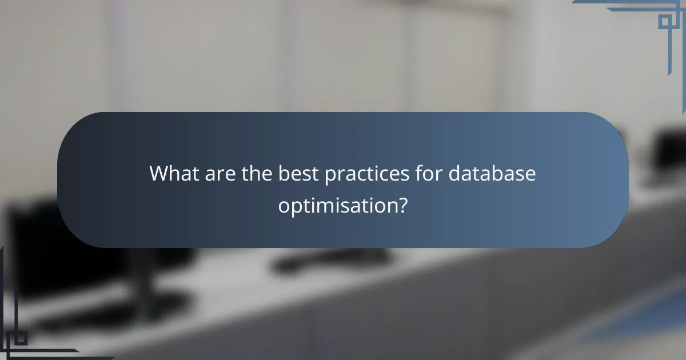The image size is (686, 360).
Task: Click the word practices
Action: (364, 174)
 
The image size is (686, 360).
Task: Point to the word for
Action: (424, 174)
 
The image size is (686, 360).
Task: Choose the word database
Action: (492, 174)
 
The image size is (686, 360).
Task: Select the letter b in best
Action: (283, 174)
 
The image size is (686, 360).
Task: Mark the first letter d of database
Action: (454, 174)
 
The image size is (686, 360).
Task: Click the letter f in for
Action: (413, 174)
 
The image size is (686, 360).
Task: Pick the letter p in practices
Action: (330, 176)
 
